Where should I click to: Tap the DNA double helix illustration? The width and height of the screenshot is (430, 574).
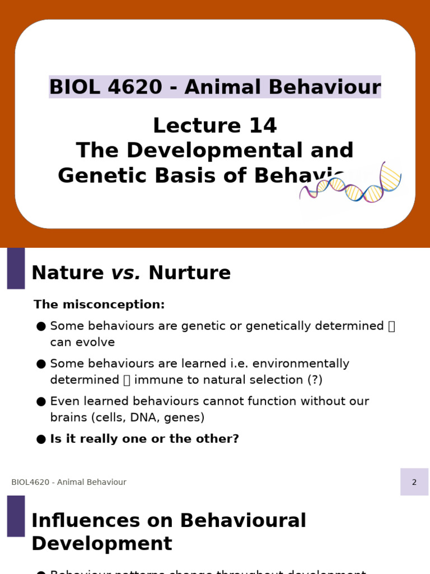point(352,185)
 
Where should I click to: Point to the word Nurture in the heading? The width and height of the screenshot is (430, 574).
point(189,273)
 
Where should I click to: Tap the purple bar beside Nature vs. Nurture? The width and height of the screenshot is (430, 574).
point(16,268)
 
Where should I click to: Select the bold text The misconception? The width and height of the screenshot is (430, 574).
point(99,304)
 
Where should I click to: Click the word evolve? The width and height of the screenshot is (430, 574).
point(99,342)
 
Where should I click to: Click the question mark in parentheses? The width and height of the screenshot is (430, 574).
point(315,379)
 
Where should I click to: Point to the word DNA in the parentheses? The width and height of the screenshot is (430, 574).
point(147,418)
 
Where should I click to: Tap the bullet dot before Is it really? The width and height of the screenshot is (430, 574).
point(41,439)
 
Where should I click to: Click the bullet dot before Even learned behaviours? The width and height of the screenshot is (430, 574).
point(41,402)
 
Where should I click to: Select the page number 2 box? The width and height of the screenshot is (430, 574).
point(414,482)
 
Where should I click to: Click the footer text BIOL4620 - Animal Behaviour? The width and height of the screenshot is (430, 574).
point(69,482)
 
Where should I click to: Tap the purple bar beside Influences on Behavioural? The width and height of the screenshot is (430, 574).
point(16,516)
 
